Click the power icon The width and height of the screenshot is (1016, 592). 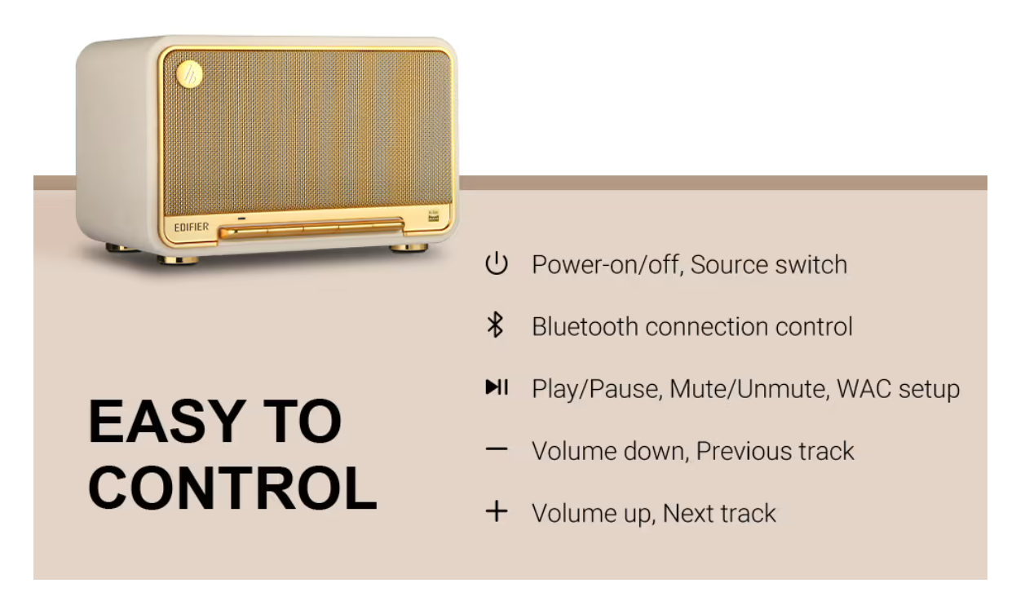coord(497,263)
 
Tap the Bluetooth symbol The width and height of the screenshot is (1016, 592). coord(495,325)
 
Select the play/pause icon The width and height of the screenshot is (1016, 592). coord(497,387)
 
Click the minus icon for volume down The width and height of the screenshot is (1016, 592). coord(497,449)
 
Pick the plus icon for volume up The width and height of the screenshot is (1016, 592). coord(497,512)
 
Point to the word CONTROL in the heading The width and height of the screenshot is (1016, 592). coord(232,488)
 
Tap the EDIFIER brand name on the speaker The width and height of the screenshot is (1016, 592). coord(192,227)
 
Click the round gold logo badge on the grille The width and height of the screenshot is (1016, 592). coord(190,74)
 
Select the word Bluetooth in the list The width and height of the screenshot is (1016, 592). coord(585,326)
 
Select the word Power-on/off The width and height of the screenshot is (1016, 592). coord(607,265)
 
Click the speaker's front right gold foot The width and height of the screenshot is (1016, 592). coord(409,248)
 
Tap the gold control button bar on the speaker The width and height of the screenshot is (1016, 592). coord(311,228)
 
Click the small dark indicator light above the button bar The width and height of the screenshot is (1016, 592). coord(241,219)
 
